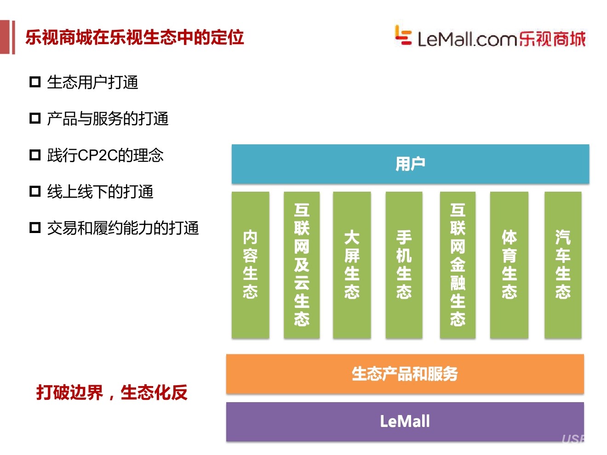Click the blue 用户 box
pos(410,164)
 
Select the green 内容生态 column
pos(250,265)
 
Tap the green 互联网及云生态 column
pos(302,265)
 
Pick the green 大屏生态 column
pos(352,265)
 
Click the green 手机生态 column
pos(404,265)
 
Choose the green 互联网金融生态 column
pos(458,265)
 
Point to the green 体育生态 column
pos(509,265)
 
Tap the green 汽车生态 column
pos(563,265)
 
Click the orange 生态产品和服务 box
pos(405,374)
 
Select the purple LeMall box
pos(405,421)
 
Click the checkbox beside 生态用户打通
pos(35,82)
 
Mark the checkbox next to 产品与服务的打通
pos(35,119)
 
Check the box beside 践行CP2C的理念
pos(35,155)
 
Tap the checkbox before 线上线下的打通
pos(35,191)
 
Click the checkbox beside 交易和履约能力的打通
pos(35,227)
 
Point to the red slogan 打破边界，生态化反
pos(112,392)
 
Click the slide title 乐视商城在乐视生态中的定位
pos(134,37)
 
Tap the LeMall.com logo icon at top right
pos(403,35)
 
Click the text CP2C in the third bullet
pos(97,155)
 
